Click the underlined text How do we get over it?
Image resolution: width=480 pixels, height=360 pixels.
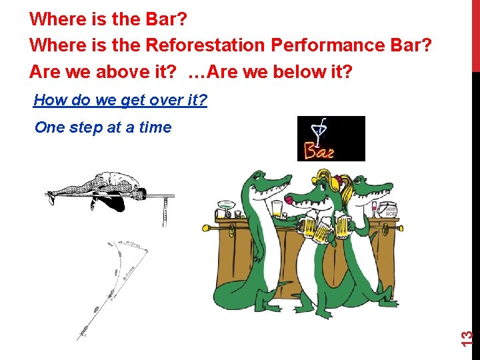tap(120, 101)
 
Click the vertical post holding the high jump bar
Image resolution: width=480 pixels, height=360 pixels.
tap(164, 212)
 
